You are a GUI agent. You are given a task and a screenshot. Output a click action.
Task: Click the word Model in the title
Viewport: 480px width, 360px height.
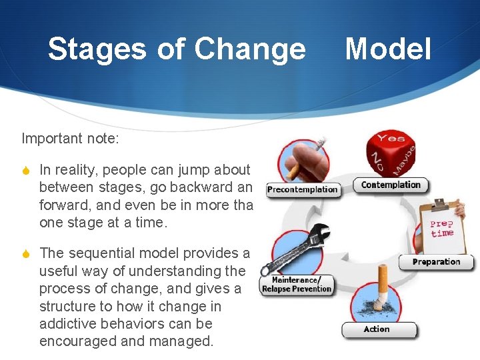coord(388,49)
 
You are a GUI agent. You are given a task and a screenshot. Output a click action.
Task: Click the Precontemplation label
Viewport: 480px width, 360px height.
coord(302,189)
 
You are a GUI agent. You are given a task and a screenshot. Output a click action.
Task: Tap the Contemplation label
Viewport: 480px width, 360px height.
coord(391,185)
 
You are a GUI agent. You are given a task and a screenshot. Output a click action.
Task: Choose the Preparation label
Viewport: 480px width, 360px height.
coord(436,262)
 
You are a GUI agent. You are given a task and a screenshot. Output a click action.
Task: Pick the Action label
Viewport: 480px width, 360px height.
coord(377,329)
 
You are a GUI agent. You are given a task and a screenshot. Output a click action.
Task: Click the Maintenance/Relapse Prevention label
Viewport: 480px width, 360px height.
coord(297,285)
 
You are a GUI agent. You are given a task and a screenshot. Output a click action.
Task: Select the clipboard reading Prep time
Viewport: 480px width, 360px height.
coord(441,227)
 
